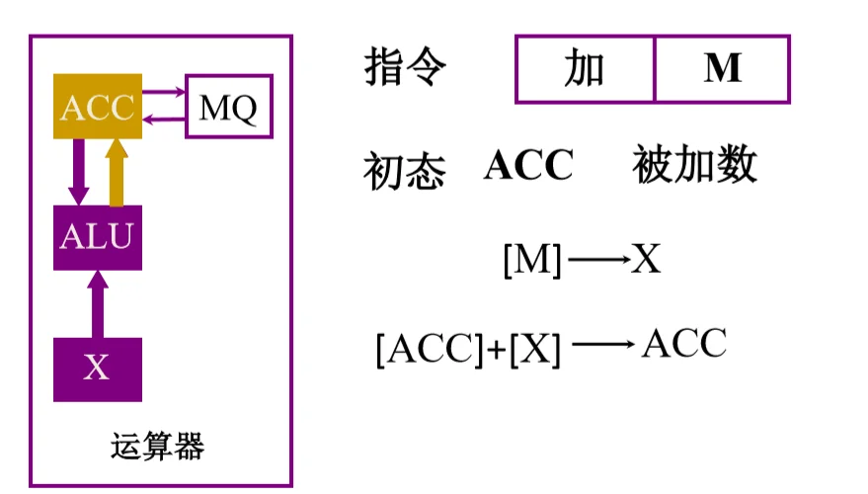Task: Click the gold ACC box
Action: coord(98,106)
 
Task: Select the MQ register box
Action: coord(229,107)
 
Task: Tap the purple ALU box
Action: coord(98,237)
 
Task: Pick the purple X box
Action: coord(98,370)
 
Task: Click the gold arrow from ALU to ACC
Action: coord(117,172)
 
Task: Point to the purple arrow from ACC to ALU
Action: coord(79,172)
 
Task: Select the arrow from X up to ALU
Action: coord(98,304)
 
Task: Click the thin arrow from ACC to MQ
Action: coord(164,92)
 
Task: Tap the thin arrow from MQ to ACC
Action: coord(164,120)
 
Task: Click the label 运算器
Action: coord(158,447)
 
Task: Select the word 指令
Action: coord(405,67)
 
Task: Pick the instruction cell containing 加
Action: coord(585,69)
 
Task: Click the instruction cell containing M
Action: coord(723,69)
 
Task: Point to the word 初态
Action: coord(405,171)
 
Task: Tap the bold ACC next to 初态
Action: coord(528,165)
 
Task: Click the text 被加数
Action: coord(695,163)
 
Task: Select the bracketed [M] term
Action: coord(532,259)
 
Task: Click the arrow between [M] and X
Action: coord(599,259)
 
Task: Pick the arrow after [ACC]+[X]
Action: coord(603,345)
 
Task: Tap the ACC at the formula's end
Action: coord(684,344)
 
